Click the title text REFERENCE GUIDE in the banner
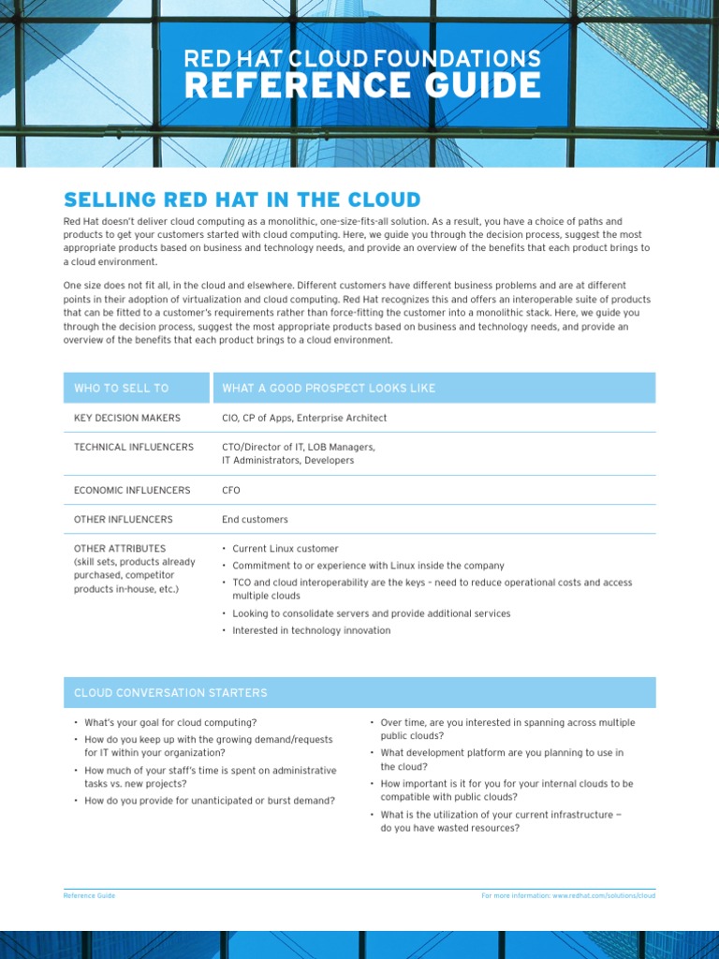pos(361,86)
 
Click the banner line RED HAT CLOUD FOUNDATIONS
pos(361,58)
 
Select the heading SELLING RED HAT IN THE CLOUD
pos(242,199)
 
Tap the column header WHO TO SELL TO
pos(122,388)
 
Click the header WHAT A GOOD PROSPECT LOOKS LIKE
pos(329,388)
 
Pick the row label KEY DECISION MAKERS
pos(127,418)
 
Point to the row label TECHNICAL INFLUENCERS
pos(134,447)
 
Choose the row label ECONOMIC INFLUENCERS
pos(132,490)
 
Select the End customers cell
pos(255,519)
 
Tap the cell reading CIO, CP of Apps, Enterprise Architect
pos(304,418)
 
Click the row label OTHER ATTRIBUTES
pos(120,548)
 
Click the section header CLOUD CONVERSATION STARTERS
pos(170,693)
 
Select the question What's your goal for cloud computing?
pos(170,722)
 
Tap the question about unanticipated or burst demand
pos(210,801)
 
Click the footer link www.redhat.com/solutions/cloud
pos(603,895)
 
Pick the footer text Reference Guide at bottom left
pos(89,895)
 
